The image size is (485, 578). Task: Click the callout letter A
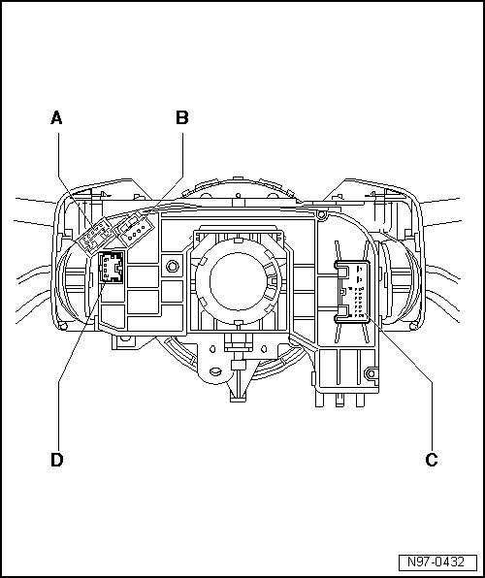[56, 118]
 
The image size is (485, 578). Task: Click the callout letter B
[182, 118]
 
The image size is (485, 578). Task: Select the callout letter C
[432, 460]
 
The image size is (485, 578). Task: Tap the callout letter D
[57, 460]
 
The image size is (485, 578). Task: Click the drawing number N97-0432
[437, 562]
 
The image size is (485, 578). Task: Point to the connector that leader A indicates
[95, 236]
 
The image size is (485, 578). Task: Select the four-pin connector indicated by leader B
[134, 229]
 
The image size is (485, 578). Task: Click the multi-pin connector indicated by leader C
[352, 292]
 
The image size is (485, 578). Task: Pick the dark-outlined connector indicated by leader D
[111, 267]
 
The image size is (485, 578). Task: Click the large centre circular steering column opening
[238, 281]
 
